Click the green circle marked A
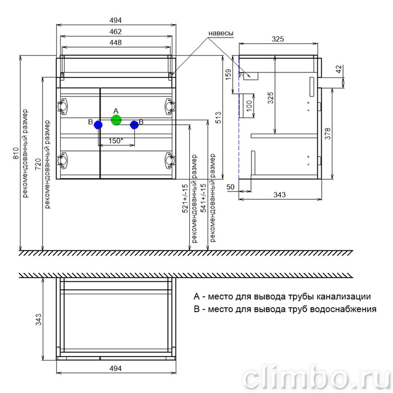[116, 120]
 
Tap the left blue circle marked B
[98, 125]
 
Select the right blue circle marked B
[134, 125]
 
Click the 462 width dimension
[116, 32]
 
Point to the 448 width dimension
[116, 43]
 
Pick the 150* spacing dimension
[116, 141]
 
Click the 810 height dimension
[16, 153]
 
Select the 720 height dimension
[38, 164]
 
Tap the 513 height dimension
[218, 117]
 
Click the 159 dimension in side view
[229, 75]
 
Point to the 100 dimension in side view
[249, 106]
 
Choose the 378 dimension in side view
[327, 134]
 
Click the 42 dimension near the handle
[339, 69]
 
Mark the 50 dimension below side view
[230, 187]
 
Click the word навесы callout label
[221, 33]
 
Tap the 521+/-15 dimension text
[185, 199]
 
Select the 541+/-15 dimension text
[204, 198]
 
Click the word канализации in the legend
[344, 296]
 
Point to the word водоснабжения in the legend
[343, 309]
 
